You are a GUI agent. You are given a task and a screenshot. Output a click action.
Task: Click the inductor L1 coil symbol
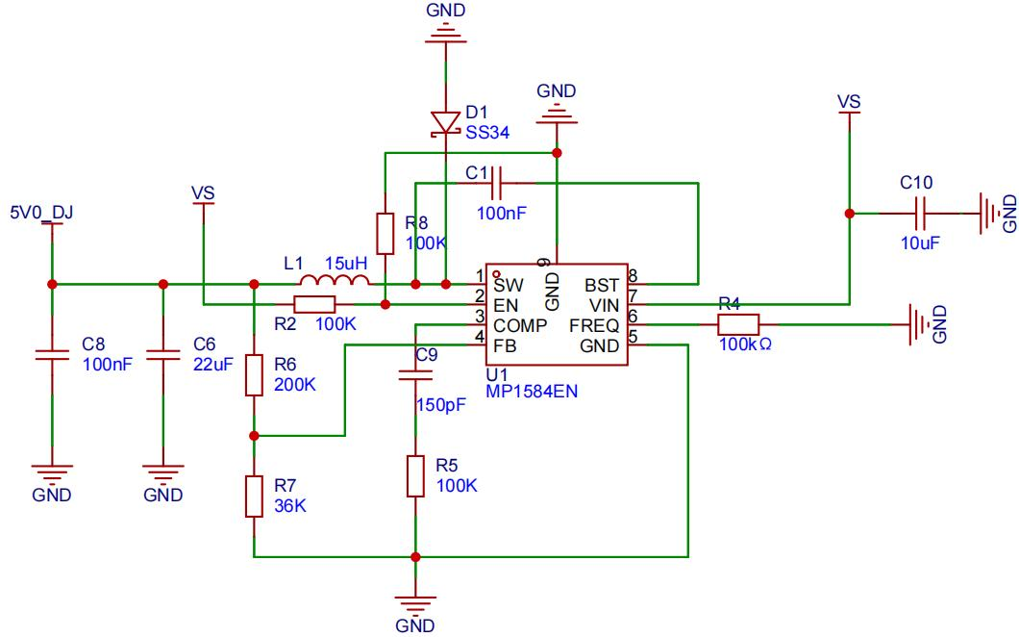(x=335, y=280)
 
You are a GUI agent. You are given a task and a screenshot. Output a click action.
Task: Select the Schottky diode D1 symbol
(x=446, y=123)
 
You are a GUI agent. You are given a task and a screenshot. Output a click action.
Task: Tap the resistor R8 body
(x=385, y=233)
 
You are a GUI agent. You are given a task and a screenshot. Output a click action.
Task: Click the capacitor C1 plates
(x=497, y=183)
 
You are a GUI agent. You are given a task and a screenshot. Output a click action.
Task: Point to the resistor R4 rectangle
(x=738, y=324)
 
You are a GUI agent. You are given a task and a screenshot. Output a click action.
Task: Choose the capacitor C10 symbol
(x=920, y=214)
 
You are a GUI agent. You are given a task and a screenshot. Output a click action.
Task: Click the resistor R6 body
(x=254, y=374)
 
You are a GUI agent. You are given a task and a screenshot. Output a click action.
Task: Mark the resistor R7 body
(x=254, y=497)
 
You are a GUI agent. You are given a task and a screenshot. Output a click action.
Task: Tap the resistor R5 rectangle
(x=415, y=476)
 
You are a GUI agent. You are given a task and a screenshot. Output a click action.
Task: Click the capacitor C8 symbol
(x=52, y=355)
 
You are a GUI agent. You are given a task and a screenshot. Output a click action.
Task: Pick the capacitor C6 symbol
(x=163, y=355)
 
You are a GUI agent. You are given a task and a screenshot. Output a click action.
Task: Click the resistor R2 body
(x=314, y=304)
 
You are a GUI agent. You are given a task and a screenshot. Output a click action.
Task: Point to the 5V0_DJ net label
(x=41, y=213)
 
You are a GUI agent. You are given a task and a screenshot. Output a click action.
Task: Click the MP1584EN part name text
(x=532, y=391)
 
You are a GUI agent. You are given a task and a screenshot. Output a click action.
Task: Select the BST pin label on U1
(x=601, y=285)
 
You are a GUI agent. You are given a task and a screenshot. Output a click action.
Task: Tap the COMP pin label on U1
(x=520, y=325)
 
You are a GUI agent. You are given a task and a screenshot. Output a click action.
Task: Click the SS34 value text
(x=487, y=133)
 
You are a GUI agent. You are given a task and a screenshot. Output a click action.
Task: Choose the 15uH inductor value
(x=346, y=264)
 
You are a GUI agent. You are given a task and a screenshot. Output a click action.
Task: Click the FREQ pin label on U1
(x=594, y=325)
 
